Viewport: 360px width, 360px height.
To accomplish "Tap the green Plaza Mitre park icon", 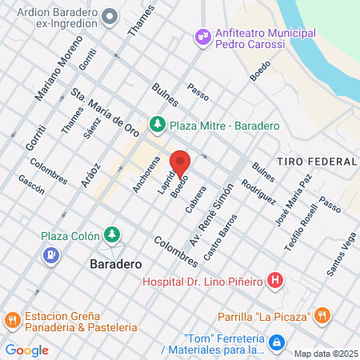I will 159,125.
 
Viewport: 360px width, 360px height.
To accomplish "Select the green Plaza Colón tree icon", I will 114,234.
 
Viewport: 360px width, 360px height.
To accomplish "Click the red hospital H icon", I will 275,280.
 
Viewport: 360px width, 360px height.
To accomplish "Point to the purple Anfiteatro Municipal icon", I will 202,35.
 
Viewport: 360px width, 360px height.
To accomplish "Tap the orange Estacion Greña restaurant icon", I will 12,320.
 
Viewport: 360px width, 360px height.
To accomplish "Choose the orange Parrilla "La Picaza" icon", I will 322,314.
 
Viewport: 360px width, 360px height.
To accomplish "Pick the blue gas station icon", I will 50,255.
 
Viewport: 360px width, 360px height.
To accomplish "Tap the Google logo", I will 26,350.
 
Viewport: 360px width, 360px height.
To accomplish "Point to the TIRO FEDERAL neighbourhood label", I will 310,162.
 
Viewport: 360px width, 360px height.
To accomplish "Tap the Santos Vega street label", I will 341,253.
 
